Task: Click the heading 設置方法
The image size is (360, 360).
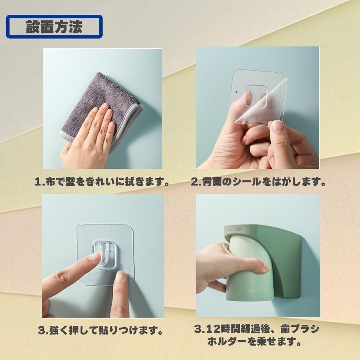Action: [54, 27]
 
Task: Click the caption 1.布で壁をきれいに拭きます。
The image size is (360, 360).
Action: [102, 182]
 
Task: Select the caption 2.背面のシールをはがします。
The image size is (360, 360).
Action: [258, 182]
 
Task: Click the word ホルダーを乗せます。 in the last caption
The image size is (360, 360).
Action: [255, 342]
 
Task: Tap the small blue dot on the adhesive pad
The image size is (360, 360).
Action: [236, 92]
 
